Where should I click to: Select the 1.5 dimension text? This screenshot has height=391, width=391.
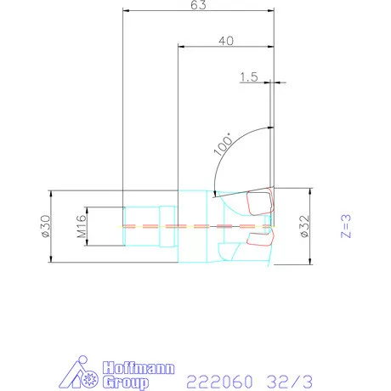[249, 77]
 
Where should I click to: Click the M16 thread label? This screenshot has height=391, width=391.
[83, 226]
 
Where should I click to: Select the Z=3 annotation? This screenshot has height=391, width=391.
[345, 226]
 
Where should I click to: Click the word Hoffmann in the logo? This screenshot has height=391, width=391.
[139, 367]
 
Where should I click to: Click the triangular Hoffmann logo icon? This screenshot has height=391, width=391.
[82, 373]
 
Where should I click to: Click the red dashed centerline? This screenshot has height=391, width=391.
[195, 226]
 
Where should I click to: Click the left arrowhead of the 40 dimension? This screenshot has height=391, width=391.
[180, 46]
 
